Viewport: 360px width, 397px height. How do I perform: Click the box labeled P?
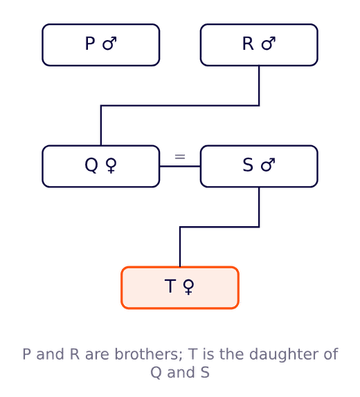pos(101,45)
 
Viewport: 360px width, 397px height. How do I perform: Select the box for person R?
pos(259,45)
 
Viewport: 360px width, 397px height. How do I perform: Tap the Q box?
pos(101,167)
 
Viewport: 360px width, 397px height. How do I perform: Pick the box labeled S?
pos(259,167)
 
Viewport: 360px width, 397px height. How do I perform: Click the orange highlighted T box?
pos(180,288)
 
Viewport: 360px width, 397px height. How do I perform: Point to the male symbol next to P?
pos(109,44)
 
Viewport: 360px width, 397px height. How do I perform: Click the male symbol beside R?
pos(269,44)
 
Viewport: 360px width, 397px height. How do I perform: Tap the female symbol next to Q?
pos(111,165)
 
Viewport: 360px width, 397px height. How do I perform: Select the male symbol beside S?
pos(268,165)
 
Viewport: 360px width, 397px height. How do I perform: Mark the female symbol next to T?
pos(188,287)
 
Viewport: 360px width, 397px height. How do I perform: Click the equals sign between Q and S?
pos(180,157)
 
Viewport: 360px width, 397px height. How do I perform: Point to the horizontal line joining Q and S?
pos(180,167)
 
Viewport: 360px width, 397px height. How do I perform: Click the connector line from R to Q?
pos(180,106)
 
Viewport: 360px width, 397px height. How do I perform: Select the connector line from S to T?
pos(219,227)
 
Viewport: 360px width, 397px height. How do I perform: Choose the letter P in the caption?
pos(27,354)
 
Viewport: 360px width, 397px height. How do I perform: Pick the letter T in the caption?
pos(192,354)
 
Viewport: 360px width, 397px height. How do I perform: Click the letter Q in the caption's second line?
pos(156,373)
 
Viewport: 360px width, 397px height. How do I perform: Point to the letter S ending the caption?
pos(205,372)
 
